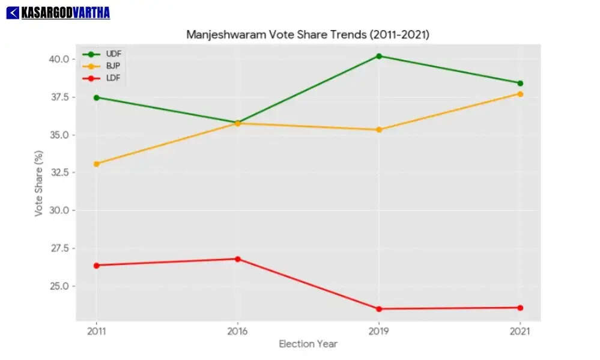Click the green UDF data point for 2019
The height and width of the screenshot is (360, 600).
pyautogui.click(x=379, y=56)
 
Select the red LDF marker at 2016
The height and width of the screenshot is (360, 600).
pyautogui.click(x=237, y=259)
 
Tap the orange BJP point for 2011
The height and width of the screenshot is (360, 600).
pyautogui.click(x=96, y=163)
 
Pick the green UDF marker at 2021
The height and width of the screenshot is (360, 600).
pyautogui.click(x=520, y=83)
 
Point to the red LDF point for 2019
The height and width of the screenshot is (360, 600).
pyautogui.click(x=379, y=309)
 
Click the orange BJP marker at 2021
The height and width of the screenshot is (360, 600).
pyautogui.click(x=520, y=94)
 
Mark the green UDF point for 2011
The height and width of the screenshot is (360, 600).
pyautogui.click(x=96, y=97)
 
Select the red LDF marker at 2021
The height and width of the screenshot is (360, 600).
pyautogui.click(x=520, y=308)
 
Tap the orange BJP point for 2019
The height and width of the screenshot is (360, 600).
pyautogui.click(x=379, y=130)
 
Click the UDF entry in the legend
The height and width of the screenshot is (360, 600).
pyautogui.click(x=114, y=54)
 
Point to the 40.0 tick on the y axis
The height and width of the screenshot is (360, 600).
pyautogui.click(x=59, y=59)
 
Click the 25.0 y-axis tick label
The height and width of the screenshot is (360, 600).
pyautogui.click(x=59, y=286)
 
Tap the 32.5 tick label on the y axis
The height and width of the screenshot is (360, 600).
pyautogui.click(x=59, y=172)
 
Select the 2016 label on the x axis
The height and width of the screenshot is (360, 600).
pyautogui.click(x=237, y=331)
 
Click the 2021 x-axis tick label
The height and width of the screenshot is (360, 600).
pyautogui.click(x=520, y=331)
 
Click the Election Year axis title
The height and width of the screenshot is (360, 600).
pyautogui.click(x=308, y=344)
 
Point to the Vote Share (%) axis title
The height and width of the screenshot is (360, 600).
pyautogui.click(x=39, y=183)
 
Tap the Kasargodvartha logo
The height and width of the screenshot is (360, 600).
pyautogui.click(x=58, y=12)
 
